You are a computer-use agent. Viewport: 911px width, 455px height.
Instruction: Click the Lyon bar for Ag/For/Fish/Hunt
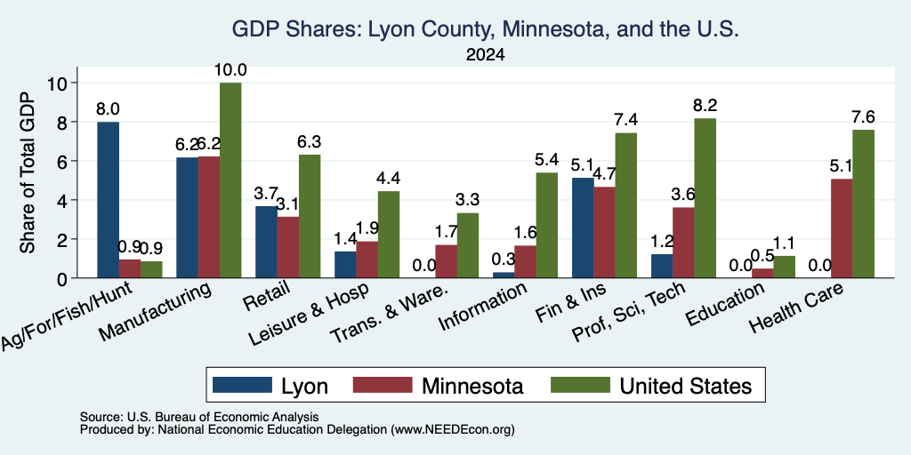[x=108, y=200]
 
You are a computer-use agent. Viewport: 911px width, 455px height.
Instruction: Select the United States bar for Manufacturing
[x=230, y=180]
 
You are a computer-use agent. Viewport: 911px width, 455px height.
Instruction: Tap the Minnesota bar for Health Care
[x=842, y=228]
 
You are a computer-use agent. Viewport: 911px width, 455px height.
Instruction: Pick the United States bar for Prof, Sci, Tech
[x=705, y=198]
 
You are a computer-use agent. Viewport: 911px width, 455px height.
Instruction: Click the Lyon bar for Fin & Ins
[x=583, y=227]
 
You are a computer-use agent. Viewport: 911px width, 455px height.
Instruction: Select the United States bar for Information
[x=547, y=225]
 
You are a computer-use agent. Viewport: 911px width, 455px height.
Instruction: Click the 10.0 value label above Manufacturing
[x=230, y=70]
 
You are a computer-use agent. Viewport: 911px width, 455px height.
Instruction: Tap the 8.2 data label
[x=705, y=106]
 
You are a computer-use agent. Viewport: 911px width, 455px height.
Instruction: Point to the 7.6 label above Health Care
[x=863, y=117]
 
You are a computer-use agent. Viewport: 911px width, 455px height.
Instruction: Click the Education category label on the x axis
[x=725, y=305]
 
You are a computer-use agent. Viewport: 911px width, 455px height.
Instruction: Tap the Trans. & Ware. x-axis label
[x=390, y=314]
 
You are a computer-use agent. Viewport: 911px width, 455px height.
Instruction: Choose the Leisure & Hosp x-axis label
[x=309, y=315]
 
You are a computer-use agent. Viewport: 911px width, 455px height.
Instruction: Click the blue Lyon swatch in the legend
[x=242, y=385]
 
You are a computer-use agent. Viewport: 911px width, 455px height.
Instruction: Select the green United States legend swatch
[x=580, y=385]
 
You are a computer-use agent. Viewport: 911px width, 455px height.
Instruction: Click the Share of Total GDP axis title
[x=28, y=172]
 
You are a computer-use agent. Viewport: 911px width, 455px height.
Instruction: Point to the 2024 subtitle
[x=486, y=55]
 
